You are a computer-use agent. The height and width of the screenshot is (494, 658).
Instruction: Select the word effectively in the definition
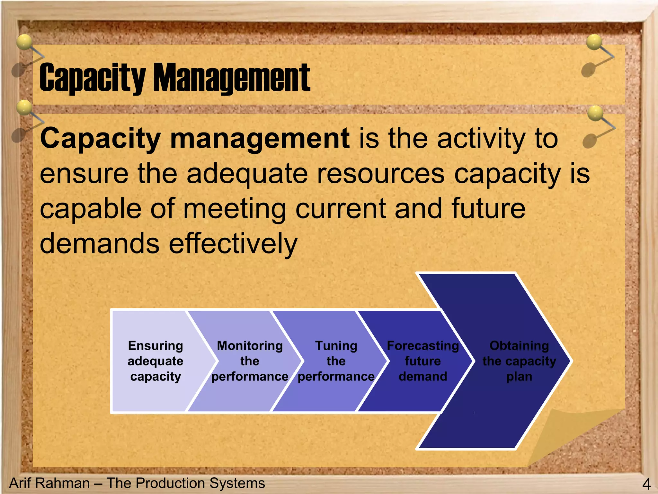pos(233,243)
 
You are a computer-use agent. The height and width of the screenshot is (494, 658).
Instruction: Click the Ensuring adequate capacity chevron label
pos(156,361)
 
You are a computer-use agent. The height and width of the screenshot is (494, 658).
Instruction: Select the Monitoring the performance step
pos(250,361)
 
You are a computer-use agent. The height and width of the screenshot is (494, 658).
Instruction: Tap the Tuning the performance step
pos(336,361)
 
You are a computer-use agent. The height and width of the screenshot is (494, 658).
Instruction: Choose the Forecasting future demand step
pos(423,361)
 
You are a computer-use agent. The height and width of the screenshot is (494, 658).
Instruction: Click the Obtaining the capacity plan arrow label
pos(519,361)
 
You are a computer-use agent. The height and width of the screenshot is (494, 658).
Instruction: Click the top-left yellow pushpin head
pos(24,42)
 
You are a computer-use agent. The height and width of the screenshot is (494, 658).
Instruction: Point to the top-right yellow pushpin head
pos(594,42)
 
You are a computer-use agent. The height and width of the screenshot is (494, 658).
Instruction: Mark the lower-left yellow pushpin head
pos(24,107)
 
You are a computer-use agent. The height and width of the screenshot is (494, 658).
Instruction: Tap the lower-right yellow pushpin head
pos(595,113)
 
